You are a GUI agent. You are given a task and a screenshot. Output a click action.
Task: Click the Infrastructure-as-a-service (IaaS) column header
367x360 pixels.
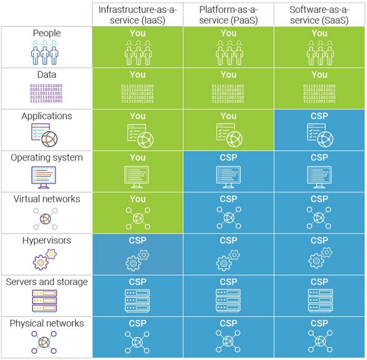tap(137, 15)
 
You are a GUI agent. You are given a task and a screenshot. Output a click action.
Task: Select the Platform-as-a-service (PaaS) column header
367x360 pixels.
tap(228, 15)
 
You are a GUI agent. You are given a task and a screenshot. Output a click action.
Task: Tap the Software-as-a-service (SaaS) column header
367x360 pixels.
tap(319, 15)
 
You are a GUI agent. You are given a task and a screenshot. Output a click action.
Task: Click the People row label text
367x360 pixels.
tap(46, 33)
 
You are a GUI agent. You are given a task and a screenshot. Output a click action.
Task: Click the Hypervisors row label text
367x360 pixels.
tap(46, 241)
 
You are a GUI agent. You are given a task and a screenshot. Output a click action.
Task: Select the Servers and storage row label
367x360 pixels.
tap(46, 282)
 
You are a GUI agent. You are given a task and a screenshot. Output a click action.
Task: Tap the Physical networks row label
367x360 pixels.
tap(46, 323)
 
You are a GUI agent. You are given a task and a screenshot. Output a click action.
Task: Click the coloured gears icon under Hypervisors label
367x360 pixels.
tap(45, 260)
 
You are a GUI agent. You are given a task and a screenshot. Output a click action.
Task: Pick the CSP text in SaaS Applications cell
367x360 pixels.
tap(319, 116)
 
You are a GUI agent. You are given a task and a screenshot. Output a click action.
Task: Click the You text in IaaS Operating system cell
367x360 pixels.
tap(137, 157)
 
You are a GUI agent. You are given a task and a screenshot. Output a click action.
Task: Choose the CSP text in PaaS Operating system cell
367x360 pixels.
tap(228, 157)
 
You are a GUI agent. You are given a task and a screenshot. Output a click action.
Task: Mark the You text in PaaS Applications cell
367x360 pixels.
tap(228, 116)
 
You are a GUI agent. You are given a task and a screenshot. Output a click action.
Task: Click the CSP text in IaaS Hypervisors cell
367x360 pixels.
tap(137, 241)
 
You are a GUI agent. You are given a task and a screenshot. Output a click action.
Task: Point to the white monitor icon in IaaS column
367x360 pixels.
tap(137, 176)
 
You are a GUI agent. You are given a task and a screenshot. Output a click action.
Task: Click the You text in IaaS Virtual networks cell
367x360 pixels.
tap(137, 199)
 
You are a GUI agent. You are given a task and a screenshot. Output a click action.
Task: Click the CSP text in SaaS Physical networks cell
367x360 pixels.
tap(319, 323)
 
